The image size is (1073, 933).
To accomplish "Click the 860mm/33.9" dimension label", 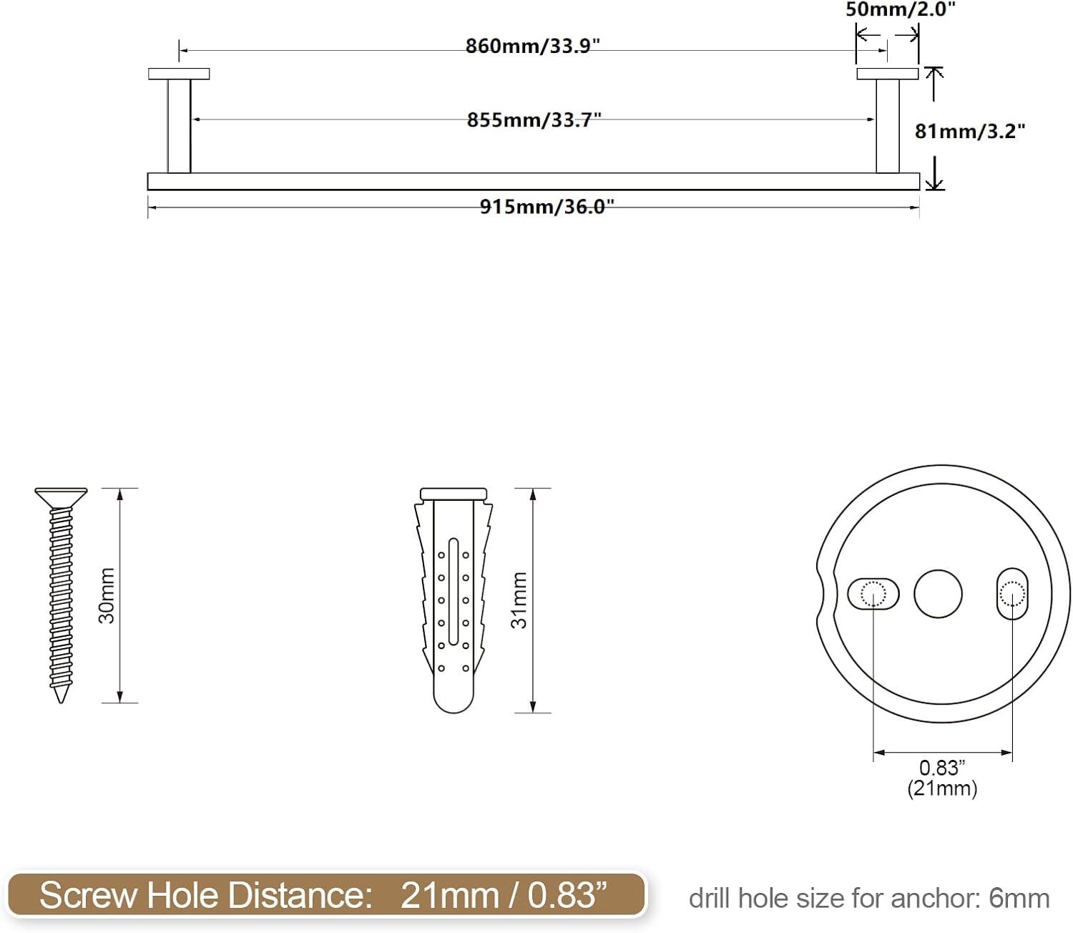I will pos(532,46).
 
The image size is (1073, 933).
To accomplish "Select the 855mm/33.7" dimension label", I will pos(534,119).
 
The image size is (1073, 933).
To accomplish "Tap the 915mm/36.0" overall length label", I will pos(547,207).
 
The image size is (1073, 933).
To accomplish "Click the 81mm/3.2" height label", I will pos(970,131).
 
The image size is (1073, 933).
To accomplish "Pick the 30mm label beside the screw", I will pos(107,595).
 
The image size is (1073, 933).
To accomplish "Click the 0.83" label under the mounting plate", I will pos(942,768).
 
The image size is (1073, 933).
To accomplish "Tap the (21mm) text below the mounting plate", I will pos(942,788).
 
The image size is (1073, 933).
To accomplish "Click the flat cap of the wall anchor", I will pos(453,494).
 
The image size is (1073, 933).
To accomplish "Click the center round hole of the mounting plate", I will pos(938,594).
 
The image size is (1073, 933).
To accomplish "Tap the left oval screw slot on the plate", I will pos(873,594).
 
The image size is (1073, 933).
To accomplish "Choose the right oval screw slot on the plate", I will pos(1011,594).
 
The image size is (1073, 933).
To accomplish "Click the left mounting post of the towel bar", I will pos(179,126).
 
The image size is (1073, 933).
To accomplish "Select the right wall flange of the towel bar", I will pos(887,74).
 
